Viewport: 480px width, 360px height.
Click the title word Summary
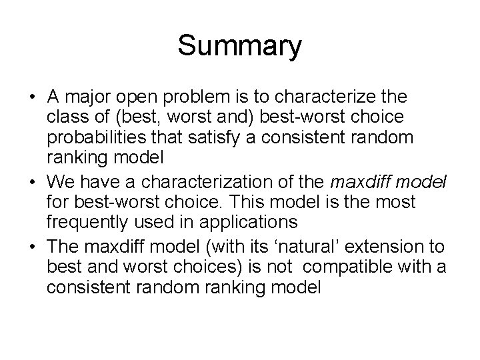tap(239, 47)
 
